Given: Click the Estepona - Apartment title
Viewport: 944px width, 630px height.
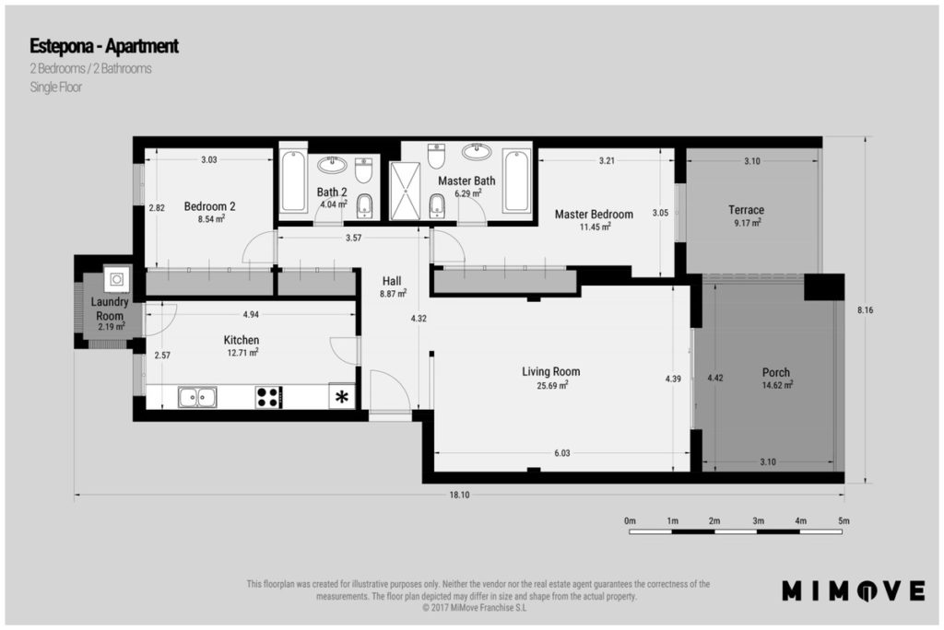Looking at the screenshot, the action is point(104,46).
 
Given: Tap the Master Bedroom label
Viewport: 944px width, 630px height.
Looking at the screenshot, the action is point(594,215).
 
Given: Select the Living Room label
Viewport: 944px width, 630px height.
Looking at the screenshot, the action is point(551,372).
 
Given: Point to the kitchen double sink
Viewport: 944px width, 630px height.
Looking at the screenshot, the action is point(197,397).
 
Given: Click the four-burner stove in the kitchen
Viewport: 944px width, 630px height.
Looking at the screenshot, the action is point(268,397).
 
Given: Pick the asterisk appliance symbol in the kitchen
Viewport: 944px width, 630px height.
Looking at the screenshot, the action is point(342,397).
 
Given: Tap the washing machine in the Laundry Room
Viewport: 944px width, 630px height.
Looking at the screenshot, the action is point(117,279).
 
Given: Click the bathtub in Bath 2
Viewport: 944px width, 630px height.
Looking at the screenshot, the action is point(293,181).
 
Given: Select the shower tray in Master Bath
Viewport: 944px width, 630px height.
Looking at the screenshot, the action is point(406,191).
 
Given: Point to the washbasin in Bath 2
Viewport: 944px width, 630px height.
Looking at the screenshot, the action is point(332,164).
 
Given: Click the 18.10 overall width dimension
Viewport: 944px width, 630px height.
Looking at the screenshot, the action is point(459,496).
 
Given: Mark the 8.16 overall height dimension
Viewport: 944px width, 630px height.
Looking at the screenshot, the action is point(865,310).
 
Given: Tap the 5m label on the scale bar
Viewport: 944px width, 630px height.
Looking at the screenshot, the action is point(844,521).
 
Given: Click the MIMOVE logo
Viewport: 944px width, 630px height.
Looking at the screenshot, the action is point(853,590).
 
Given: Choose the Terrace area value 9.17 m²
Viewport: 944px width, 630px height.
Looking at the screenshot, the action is point(747,223).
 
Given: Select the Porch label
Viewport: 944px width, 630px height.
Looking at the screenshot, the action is point(775,372).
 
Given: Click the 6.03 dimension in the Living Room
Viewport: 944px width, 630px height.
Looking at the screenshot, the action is point(561,453).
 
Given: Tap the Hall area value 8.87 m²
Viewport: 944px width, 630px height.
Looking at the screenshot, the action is point(393,294).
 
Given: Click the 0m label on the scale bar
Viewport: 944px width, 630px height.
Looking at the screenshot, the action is point(630,521).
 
